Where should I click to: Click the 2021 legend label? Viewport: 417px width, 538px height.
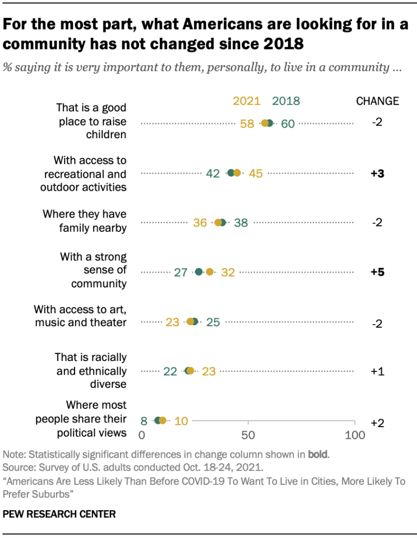247,101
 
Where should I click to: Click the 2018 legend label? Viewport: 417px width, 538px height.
286,101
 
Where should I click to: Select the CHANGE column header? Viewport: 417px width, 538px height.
377,101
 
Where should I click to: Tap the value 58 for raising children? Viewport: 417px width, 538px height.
247,124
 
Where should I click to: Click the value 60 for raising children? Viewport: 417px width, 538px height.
287,124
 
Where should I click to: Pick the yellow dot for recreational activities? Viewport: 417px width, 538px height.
237,173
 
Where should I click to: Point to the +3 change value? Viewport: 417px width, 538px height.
378,174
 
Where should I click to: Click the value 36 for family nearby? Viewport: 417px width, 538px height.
200,223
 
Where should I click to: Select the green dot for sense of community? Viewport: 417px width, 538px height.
199,272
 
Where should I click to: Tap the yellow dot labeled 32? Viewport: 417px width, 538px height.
210,272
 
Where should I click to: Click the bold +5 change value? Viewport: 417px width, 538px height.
378,272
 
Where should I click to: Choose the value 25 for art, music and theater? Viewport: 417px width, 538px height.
212,322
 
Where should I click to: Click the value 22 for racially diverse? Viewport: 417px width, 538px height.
170,371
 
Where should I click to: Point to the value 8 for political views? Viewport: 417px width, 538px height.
144,421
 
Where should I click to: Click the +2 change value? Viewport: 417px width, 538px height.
378,423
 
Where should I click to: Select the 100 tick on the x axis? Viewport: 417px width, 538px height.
355,436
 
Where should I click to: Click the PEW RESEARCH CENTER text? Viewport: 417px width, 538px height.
59,513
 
